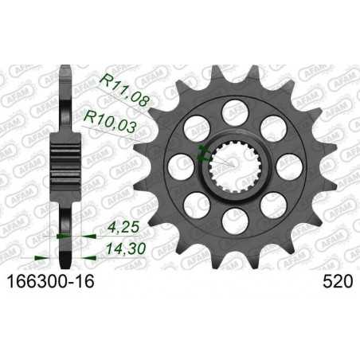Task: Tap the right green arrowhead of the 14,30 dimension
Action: pos(80,257)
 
